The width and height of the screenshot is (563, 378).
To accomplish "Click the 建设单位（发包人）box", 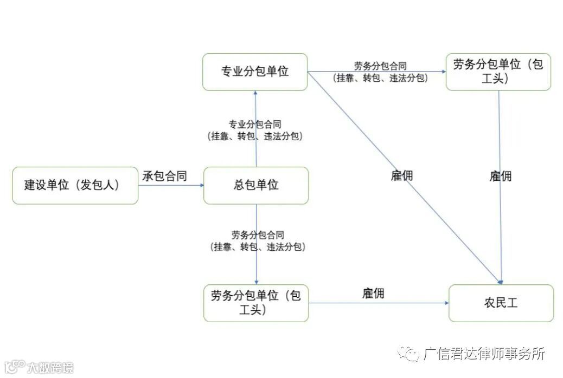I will pyautogui.click(x=75, y=185).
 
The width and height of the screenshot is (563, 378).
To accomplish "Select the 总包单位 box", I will pyautogui.click(x=256, y=185).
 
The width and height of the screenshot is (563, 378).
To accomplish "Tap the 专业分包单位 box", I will pyautogui.click(x=255, y=71).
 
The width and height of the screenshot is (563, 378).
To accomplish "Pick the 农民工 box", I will pyautogui.click(x=501, y=303).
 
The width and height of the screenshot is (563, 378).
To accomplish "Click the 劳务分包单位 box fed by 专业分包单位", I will pyautogui.click(x=498, y=71).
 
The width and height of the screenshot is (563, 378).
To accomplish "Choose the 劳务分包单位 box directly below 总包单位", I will pyautogui.click(x=256, y=303).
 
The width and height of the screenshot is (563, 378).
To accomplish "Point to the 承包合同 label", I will pyautogui.click(x=165, y=176).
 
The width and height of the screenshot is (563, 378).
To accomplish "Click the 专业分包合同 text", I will pyautogui.click(x=255, y=125).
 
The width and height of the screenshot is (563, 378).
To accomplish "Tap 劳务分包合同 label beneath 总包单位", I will pyautogui.click(x=258, y=235).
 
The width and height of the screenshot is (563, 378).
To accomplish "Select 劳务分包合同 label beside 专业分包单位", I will pyautogui.click(x=380, y=66).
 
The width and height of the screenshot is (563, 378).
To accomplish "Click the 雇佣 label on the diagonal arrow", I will pyautogui.click(x=402, y=176).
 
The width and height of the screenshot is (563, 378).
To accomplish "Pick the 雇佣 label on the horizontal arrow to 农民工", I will pyautogui.click(x=373, y=294).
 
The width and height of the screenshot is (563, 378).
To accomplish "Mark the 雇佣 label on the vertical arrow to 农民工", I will pyautogui.click(x=501, y=176).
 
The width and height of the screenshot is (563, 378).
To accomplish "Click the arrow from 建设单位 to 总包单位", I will pyautogui.click(x=171, y=185).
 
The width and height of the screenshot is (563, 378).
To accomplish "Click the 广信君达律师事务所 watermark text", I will pyautogui.click(x=484, y=354).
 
